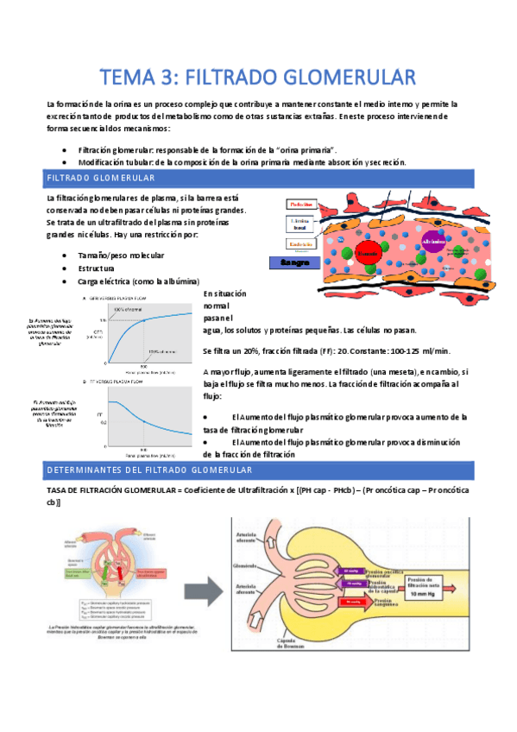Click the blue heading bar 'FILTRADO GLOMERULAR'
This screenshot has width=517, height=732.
coord(258,179)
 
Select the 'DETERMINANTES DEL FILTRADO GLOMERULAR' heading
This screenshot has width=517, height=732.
coord(258,470)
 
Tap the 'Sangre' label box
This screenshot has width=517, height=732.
coord(293,262)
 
